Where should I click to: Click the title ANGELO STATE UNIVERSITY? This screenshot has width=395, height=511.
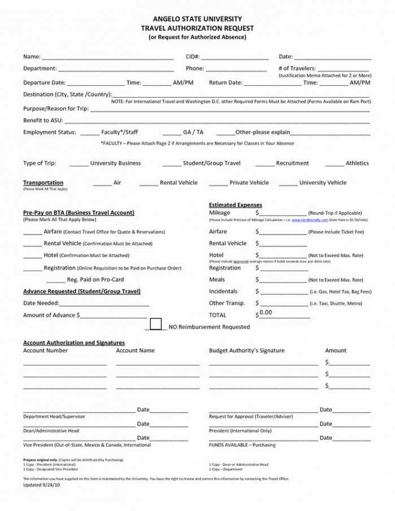[x=197, y=19]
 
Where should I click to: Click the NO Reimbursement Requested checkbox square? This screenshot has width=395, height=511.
[x=156, y=324]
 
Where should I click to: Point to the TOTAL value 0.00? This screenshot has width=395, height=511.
[x=266, y=313]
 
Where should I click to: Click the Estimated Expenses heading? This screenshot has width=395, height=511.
[x=235, y=205]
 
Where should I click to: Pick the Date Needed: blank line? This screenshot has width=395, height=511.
[x=105, y=304]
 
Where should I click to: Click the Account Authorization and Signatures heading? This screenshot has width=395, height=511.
[x=73, y=343]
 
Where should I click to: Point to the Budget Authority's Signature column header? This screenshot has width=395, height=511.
[x=246, y=350]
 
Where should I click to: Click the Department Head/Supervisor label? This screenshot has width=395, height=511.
[x=54, y=417]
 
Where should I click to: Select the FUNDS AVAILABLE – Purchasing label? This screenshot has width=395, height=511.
[x=242, y=445]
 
